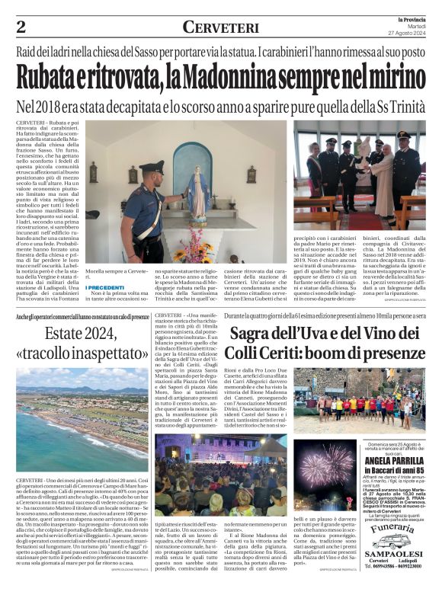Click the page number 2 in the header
pyautogui.click(x=21, y=27)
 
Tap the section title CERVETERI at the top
pyautogui.click(x=221, y=27)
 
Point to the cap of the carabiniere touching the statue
pyautogui.click(x=151, y=166)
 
